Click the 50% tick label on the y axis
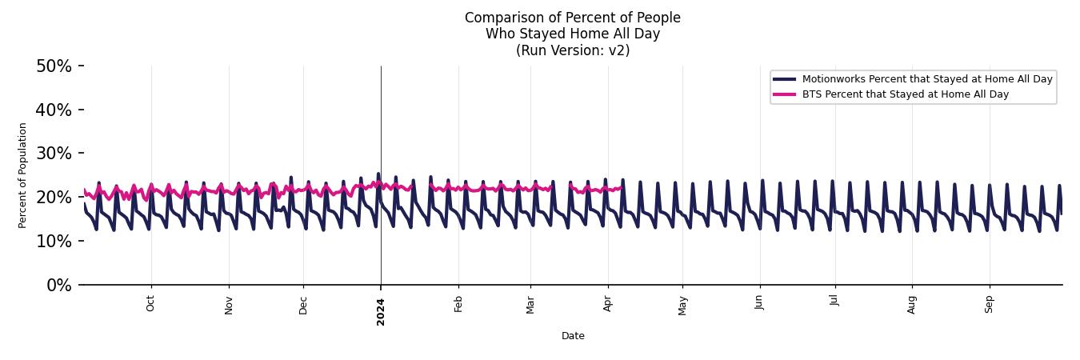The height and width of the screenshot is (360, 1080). point(54,66)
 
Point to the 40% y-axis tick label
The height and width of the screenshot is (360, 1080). point(54,110)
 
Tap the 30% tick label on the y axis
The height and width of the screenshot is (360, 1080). point(54,154)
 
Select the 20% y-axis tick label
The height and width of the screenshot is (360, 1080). point(54,198)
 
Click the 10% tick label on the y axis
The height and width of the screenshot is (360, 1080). point(54,242)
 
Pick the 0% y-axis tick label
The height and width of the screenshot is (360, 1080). point(58,286)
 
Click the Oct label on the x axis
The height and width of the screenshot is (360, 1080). point(150,304)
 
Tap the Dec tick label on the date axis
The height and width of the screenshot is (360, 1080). point(303,305)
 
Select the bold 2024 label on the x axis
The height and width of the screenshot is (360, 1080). point(381,311)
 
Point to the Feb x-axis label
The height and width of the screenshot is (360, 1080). point(458,304)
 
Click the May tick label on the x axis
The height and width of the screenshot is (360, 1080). point(682,305)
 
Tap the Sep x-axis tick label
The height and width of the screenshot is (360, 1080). point(989,304)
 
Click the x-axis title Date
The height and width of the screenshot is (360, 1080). point(573,337)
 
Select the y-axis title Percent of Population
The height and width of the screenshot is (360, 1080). point(22,175)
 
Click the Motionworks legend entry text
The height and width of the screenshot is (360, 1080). point(927,79)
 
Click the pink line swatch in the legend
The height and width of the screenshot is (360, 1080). point(784,94)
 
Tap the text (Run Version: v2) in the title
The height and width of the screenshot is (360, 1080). point(573,50)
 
